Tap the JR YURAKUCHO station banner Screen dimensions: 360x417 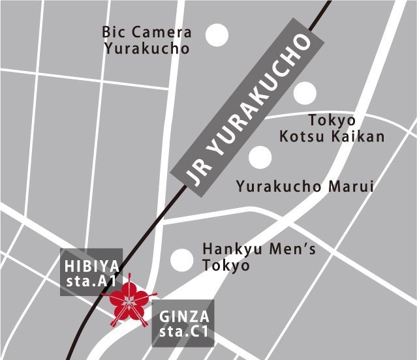pyautogui.click(x=248, y=111)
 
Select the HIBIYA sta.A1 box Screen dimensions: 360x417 pyautogui.click(x=91, y=273)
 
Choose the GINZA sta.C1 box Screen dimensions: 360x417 pyautogui.click(x=184, y=324)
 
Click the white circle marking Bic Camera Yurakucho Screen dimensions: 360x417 pyautogui.click(x=218, y=35)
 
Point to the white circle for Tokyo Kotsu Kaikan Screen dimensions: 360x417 pyautogui.click(x=305, y=94)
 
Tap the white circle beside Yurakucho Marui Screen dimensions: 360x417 pyautogui.click(x=260, y=157)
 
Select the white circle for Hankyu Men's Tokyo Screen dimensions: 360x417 pyautogui.click(x=181, y=260)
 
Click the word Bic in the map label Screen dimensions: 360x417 pyautogui.click(x=114, y=33)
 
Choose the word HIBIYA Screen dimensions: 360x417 pyautogui.click(x=91, y=265)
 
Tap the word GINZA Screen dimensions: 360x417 pyautogui.click(x=184, y=317)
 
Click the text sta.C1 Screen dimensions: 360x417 pyautogui.click(x=184, y=333)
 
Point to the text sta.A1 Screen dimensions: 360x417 pyautogui.click(x=91, y=281)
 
